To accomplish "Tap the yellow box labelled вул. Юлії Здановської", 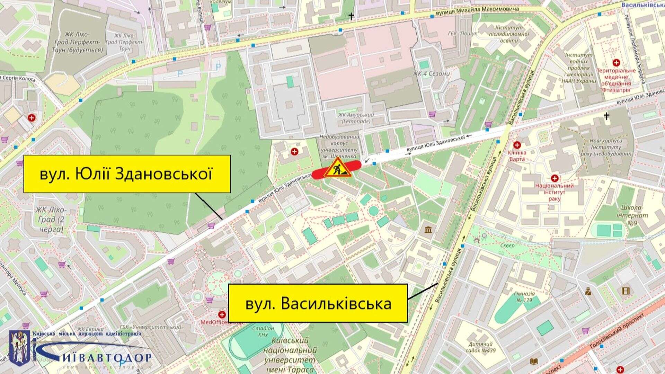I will pos(127,174).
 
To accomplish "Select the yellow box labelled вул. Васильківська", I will pos(318,303).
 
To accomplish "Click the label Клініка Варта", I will pos(517,156).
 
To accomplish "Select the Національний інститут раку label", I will pos(554,192).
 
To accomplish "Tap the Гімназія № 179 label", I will pos(524,297).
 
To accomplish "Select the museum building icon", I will pos(428,230).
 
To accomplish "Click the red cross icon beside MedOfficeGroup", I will pos(221,315).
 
